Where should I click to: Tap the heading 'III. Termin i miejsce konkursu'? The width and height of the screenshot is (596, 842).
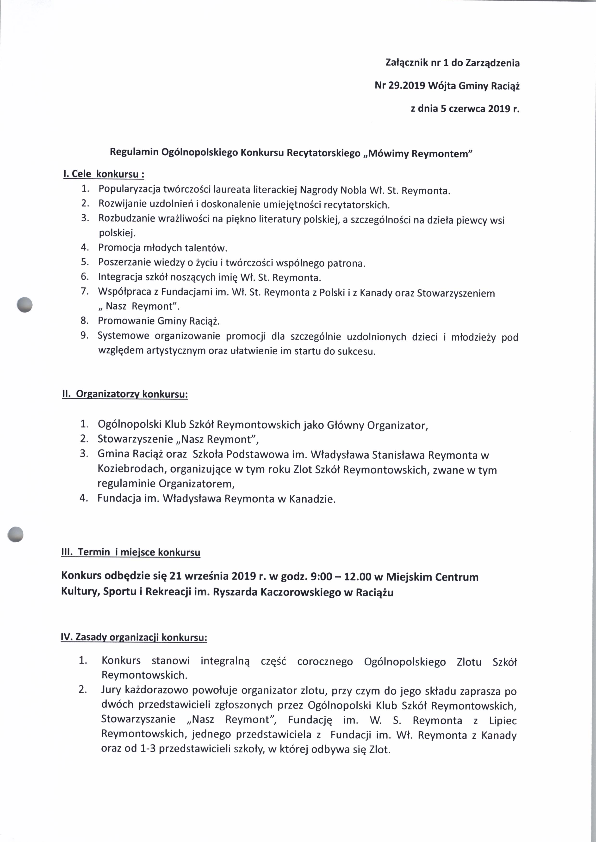pyautogui.click(x=131, y=552)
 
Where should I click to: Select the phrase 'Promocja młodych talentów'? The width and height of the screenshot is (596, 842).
pyautogui.click(x=163, y=248)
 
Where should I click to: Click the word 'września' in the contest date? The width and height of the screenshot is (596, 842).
pyautogui.click(x=207, y=577)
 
